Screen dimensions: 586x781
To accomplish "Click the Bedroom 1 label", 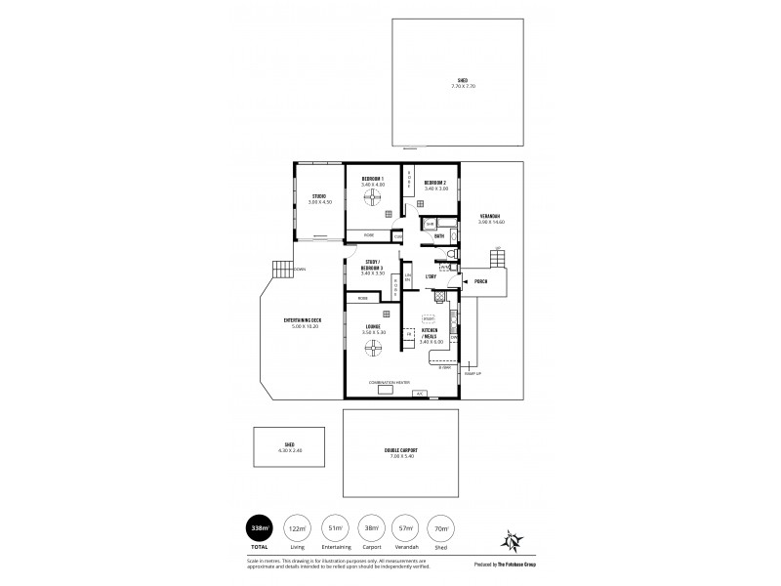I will [372, 181].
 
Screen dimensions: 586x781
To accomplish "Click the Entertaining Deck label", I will [303, 322].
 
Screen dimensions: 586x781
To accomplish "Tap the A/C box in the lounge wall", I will [420, 393].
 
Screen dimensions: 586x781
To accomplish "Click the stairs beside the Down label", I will [281, 271].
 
